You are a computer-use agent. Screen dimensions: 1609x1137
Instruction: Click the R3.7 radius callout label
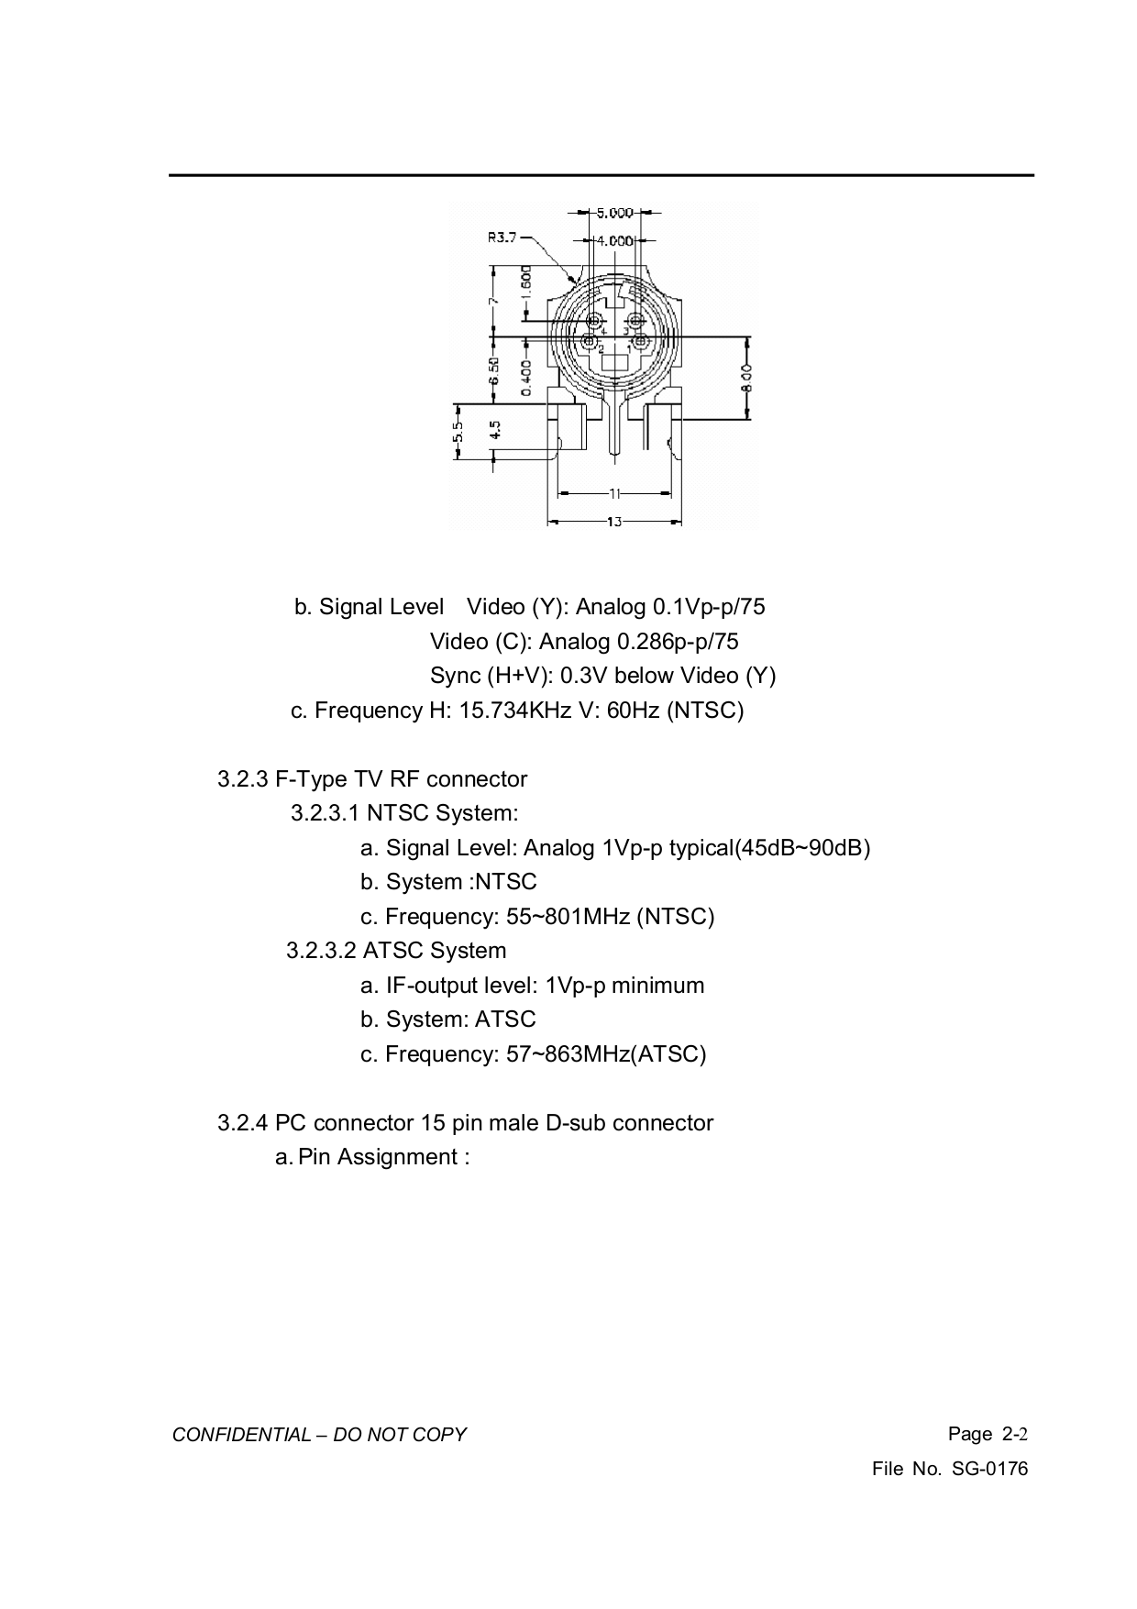coord(502,237)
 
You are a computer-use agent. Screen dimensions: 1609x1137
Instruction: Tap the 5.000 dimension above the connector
coord(615,213)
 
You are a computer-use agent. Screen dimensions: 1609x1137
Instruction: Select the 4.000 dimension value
coord(615,240)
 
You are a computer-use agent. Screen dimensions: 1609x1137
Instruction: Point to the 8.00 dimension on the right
coord(747,377)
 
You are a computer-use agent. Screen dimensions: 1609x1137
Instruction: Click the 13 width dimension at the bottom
coord(614,522)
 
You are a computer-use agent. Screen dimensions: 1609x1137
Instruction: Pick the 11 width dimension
coord(614,493)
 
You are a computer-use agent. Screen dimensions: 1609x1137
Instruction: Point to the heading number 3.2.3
coord(243,779)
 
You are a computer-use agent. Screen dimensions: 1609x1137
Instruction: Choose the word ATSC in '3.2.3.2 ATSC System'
coord(391,951)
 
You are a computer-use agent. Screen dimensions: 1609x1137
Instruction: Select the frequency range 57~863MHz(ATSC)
coord(606,1054)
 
